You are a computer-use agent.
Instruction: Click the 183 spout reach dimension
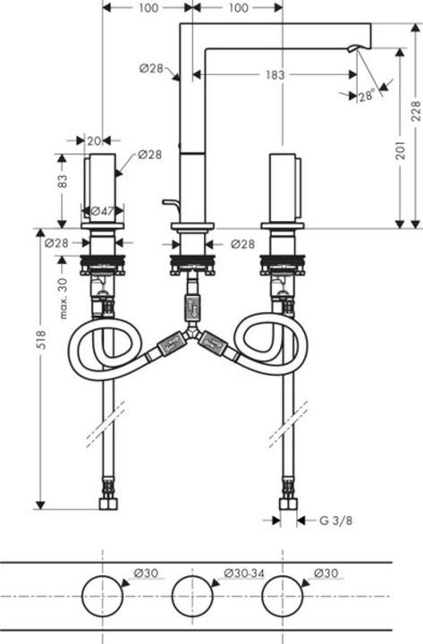pos(275,75)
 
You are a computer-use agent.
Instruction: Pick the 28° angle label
pos(367,96)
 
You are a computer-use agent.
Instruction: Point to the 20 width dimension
pos(93,140)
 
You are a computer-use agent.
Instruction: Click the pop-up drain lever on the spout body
pos(169,205)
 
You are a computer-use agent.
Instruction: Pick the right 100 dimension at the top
pos(237,8)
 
